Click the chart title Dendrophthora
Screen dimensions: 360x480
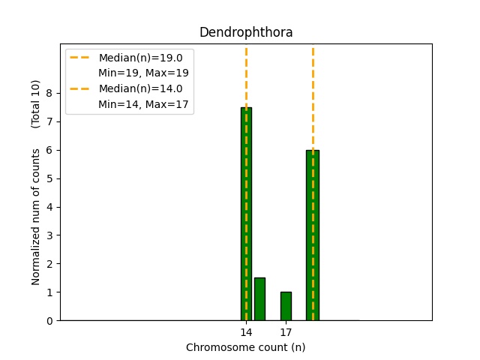pyautogui.click(x=246, y=33)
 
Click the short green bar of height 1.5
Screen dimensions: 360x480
pyautogui.click(x=259, y=299)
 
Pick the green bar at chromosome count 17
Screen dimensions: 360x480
pyautogui.click(x=286, y=306)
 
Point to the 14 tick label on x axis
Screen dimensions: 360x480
pyautogui.click(x=246, y=332)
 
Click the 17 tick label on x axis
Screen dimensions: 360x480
pyautogui.click(x=286, y=332)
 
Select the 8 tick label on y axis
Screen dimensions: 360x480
pyautogui.click(x=49, y=93)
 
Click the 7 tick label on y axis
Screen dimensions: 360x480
pyautogui.click(x=49, y=121)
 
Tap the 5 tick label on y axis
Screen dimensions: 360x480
pyautogui.click(x=49, y=178)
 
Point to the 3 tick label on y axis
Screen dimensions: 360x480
pyautogui.click(x=49, y=235)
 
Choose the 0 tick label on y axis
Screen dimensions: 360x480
pyautogui.click(x=49, y=321)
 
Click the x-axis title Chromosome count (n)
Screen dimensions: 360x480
pyautogui.click(x=246, y=347)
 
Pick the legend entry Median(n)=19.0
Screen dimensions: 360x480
pyautogui.click(x=140, y=58)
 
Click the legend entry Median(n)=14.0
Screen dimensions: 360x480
pyautogui.click(x=140, y=88)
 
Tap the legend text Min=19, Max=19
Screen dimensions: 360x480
pyautogui.click(x=143, y=73)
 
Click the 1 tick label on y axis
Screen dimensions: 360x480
pyautogui.click(x=49, y=292)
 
